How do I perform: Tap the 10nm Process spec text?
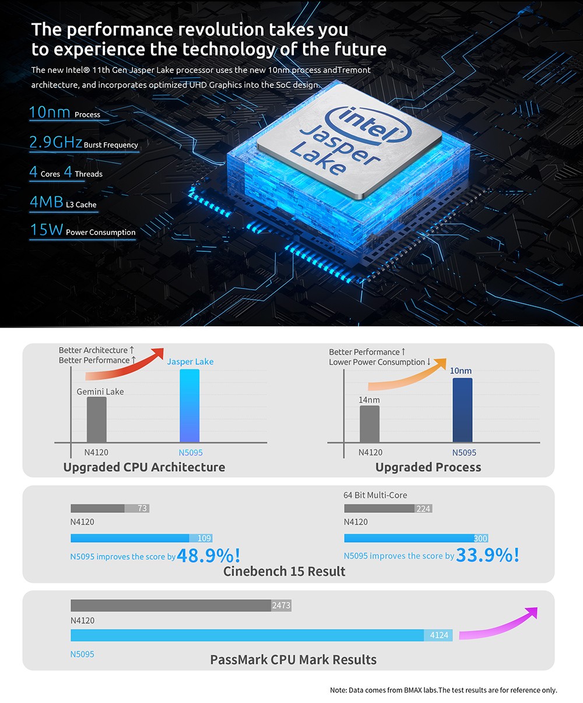pos(65,113)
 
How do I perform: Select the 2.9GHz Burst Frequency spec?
pos(83,143)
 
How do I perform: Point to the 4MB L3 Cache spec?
pos(63,203)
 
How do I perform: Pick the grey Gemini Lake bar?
pos(97,420)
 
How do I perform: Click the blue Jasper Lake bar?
pos(189,406)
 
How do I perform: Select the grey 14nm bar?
pos(370,424)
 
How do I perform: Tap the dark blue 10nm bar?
pos(462,410)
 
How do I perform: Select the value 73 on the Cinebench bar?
pos(142,508)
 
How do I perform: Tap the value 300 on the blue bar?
pos(480,539)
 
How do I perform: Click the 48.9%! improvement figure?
pos(208,556)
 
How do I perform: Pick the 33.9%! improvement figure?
pos(487,555)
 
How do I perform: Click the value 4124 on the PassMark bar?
pos(439,635)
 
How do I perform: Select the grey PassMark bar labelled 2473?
pos(181,606)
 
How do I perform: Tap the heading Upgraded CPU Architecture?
pos(144,467)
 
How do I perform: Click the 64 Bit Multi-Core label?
pos(375,495)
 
